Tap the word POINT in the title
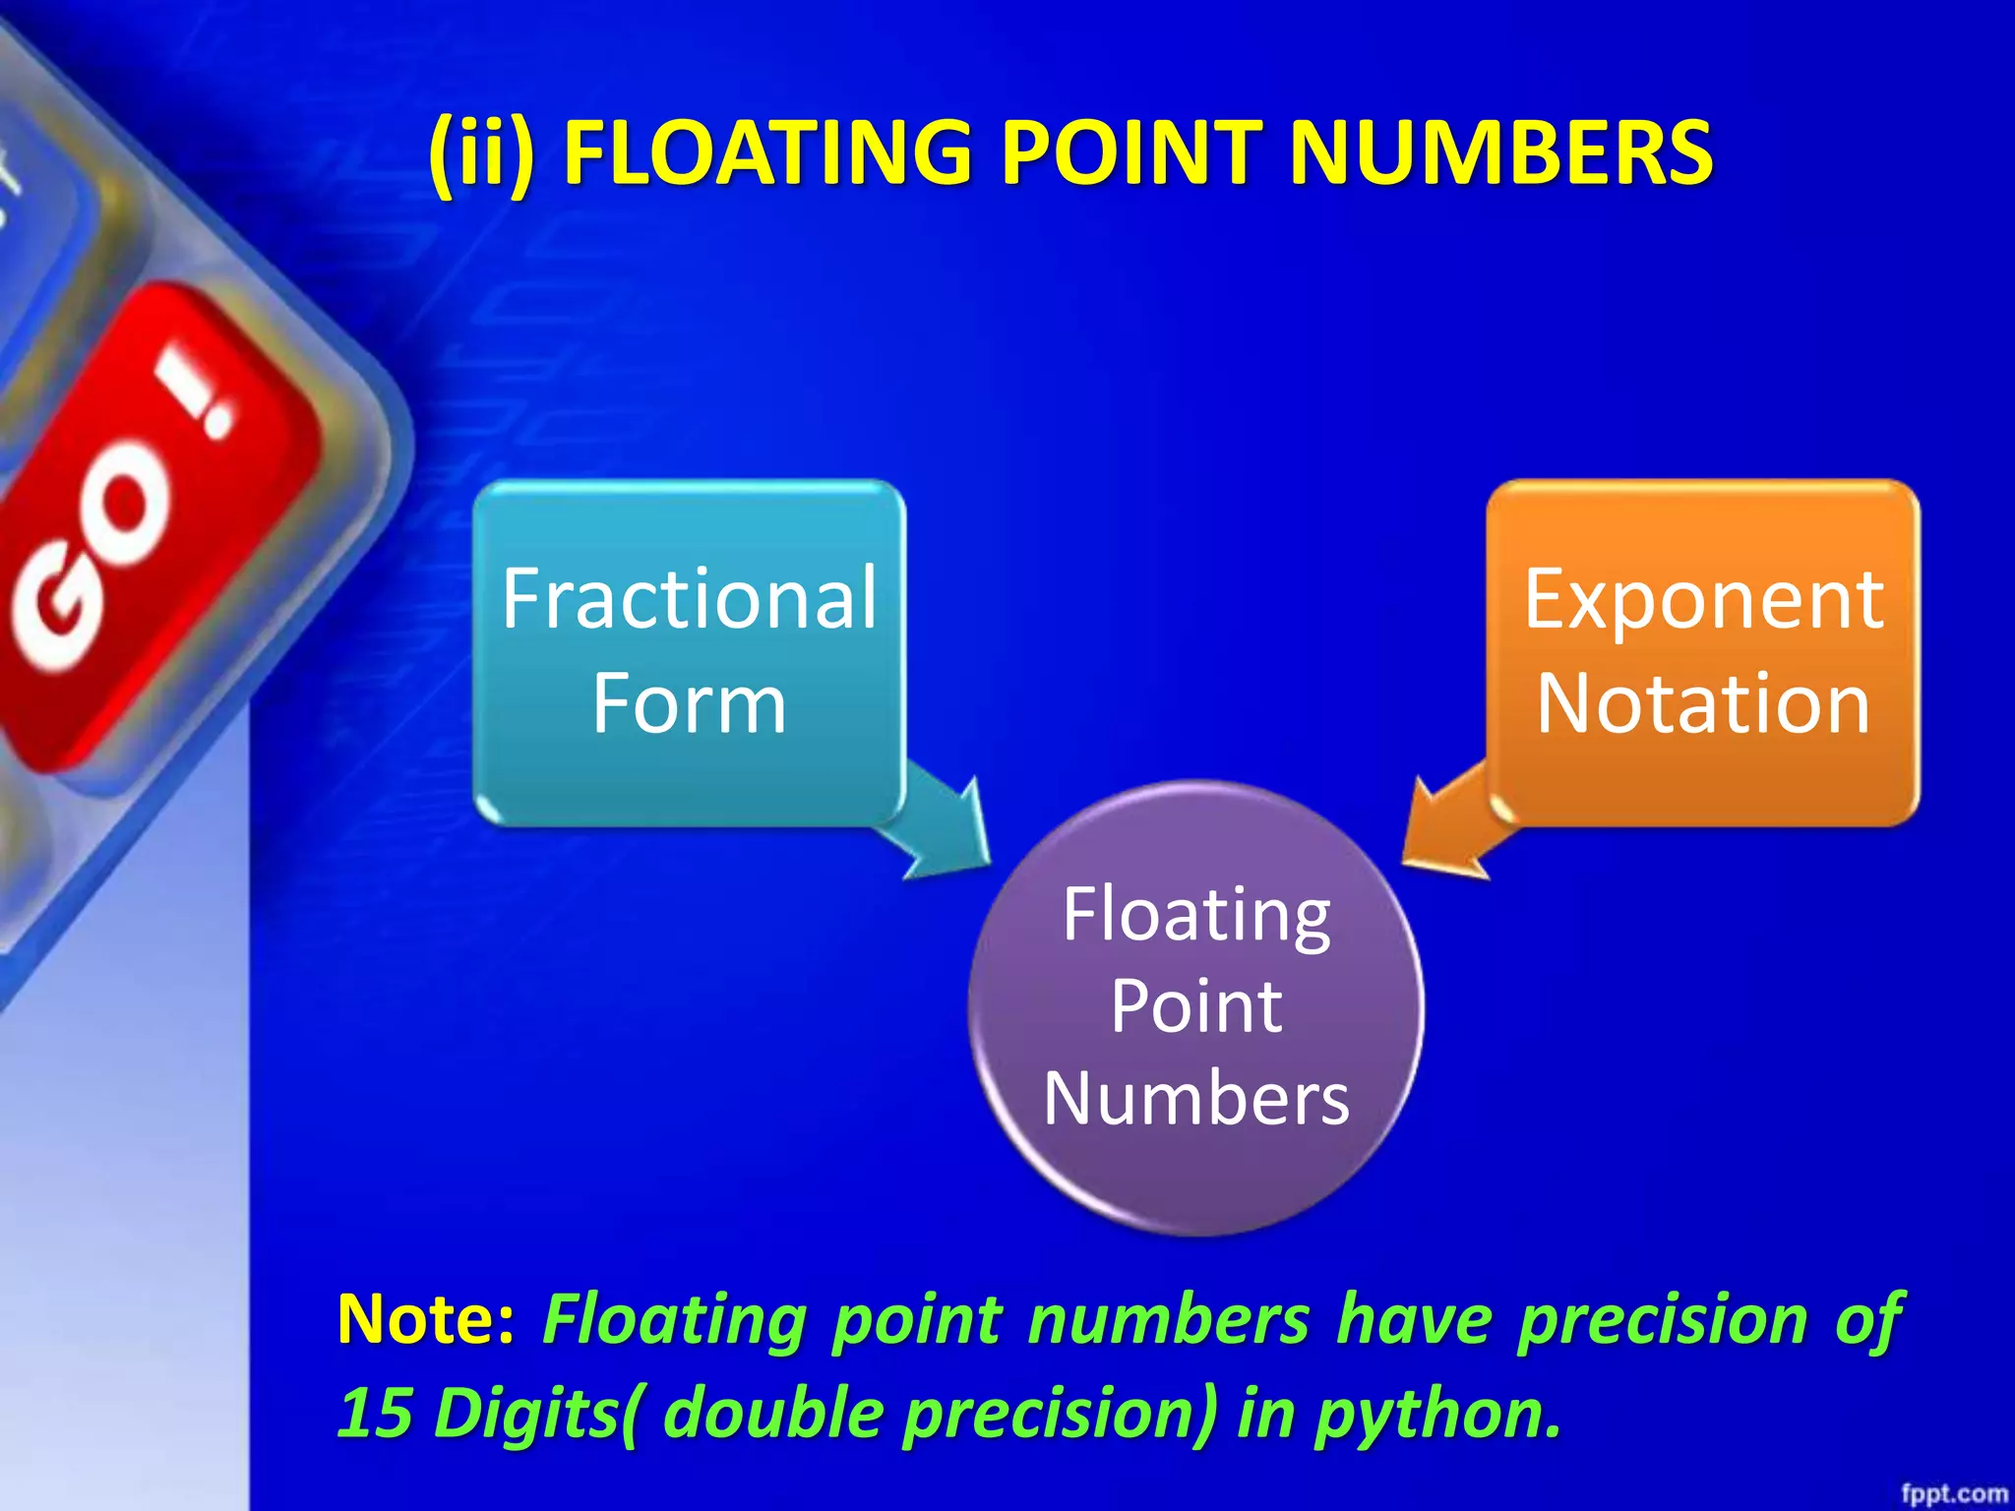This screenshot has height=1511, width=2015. (x=1130, y=152)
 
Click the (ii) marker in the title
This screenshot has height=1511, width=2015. (x=483, y=154)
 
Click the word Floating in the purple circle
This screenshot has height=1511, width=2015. (x=1196, y=915)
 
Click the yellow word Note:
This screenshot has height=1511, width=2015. (x=425, y=1319)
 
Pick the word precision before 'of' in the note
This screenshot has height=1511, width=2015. (x=1662, y=1319)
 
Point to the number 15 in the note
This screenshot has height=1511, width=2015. (x=374, y=1413)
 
